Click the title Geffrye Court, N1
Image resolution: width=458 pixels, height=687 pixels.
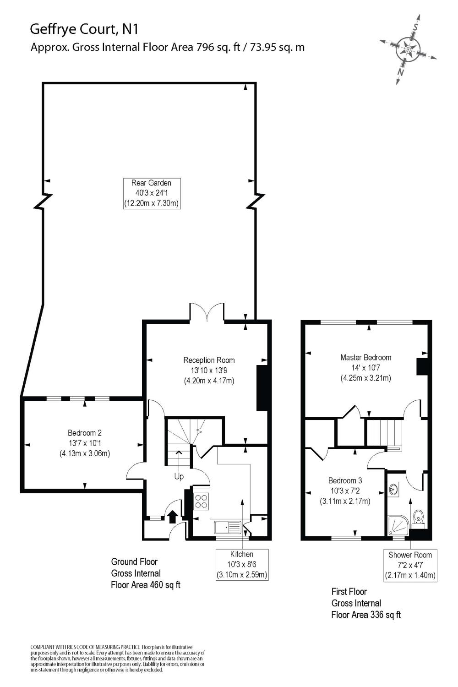tap(84, 29)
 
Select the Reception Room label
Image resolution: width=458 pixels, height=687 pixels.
tap(209, 370)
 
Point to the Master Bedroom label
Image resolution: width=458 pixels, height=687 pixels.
tap(365, 367)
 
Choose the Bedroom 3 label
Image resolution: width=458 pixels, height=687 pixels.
tap(345, 491)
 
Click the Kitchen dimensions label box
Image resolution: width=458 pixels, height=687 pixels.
tap(242, 564)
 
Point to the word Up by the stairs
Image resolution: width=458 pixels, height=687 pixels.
tap(179, 477)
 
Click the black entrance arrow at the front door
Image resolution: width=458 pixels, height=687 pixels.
tap(173, 517)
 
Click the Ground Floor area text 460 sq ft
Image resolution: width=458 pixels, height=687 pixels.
tap(146, 585)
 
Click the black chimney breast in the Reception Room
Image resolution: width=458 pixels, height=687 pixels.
tap(262, 388)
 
